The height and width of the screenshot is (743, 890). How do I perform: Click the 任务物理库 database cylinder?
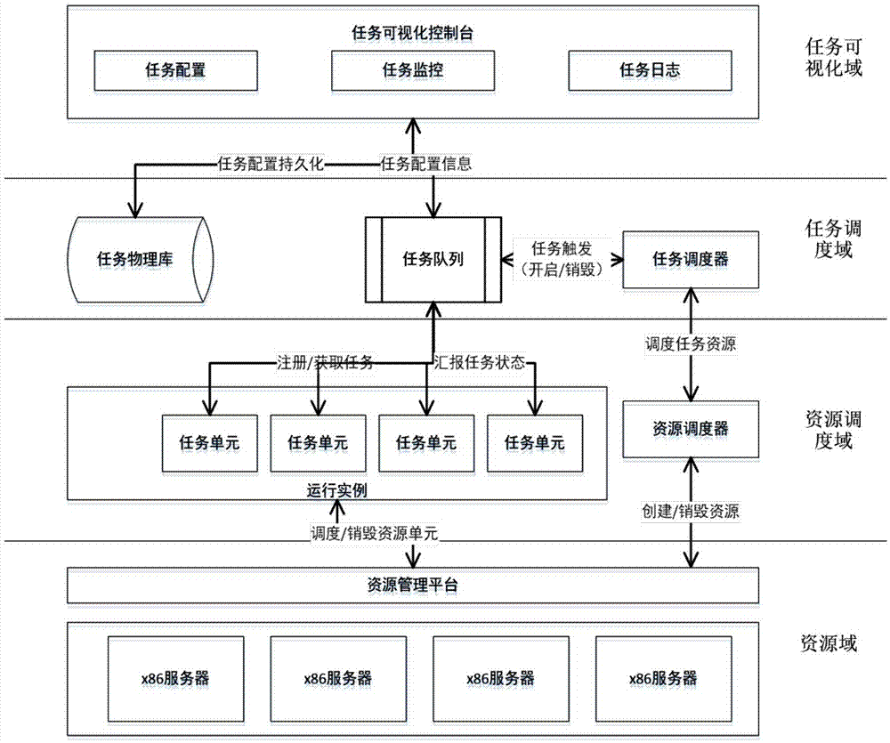[x=141, y=260]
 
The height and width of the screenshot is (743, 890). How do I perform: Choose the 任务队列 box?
[x=433, y=259]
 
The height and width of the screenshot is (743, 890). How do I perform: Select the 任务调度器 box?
[x=691, y=259]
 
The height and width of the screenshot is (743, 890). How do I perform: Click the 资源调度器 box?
[x=691, y=429]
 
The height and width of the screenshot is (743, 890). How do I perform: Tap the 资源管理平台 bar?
[x=413, y=586]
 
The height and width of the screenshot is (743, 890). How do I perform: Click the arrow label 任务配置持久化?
[x=273, y=164]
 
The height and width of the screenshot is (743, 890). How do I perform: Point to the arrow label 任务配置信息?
[x=425, y=164]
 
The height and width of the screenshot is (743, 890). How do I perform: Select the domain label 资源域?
[x=829, y=643]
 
